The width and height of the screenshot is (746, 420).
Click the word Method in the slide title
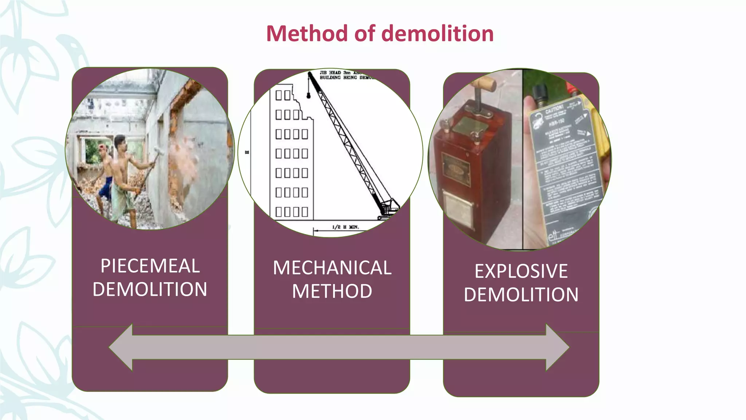(307, 34)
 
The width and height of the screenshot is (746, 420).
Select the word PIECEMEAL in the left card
(150, 266)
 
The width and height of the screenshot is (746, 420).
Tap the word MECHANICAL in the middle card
(332, 268)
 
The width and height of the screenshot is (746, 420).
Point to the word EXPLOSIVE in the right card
(521, 271)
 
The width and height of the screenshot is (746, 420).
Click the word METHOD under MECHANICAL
(332, 291)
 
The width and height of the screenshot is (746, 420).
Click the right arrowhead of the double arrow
(557, 347)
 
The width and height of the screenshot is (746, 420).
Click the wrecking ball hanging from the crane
(309, 96)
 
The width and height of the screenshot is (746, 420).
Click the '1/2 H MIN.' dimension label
(345, 227)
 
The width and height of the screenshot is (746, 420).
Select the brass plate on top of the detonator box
(470, 124)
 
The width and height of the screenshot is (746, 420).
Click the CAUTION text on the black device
(554, 109)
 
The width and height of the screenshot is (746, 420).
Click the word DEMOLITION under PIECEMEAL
(150, 289)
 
